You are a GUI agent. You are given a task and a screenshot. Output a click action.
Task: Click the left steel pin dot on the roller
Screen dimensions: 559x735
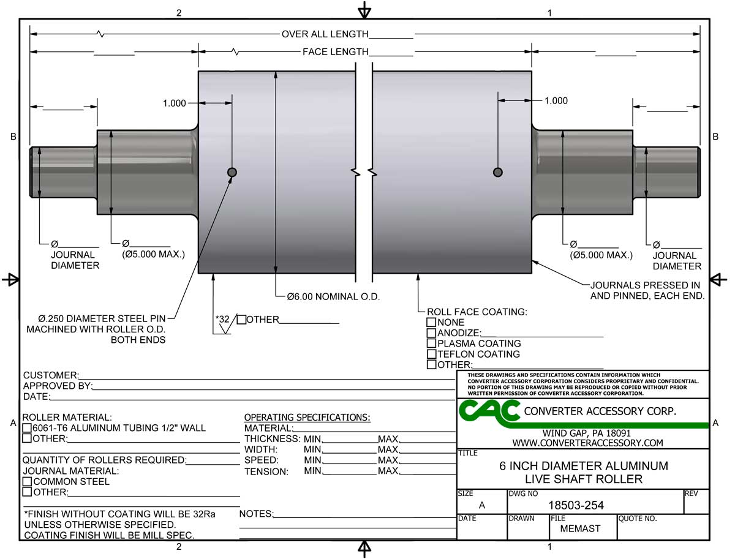click(232, 173)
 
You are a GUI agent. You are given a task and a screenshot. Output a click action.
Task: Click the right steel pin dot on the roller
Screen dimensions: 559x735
click(497, 173)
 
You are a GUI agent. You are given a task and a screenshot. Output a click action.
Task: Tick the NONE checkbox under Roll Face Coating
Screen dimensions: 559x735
click(432, 322)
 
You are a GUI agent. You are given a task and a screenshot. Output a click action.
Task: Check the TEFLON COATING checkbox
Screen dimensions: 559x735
click(432, 354)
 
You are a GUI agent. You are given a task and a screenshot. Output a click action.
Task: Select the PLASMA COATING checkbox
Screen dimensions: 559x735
click(432, 343)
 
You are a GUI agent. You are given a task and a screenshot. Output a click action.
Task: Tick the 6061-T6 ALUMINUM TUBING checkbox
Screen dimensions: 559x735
click(27, 428)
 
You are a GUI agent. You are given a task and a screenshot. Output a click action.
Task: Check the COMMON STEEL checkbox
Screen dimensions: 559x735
click(27, 481)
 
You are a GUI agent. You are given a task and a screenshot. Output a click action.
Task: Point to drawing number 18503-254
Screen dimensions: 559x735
click(575, 505)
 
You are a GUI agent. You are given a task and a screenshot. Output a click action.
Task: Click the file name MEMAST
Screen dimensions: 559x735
click(580, 529)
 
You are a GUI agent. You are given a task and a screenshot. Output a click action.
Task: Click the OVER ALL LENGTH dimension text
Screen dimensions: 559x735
click(325, 34)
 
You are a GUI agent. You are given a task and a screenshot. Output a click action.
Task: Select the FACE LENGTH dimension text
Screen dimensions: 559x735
click(335, 52)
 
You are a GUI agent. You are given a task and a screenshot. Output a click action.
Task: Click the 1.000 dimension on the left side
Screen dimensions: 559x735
click(174, 103)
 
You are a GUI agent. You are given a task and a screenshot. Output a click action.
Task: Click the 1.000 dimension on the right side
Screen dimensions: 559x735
click(556, 101)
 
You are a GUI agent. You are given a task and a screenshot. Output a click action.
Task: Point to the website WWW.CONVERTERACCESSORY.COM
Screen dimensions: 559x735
click(587, 443)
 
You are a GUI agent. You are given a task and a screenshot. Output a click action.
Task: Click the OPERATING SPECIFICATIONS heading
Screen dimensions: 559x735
click(307, 418)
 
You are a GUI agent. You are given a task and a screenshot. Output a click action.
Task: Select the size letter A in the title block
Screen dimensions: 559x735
click(481, 505)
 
